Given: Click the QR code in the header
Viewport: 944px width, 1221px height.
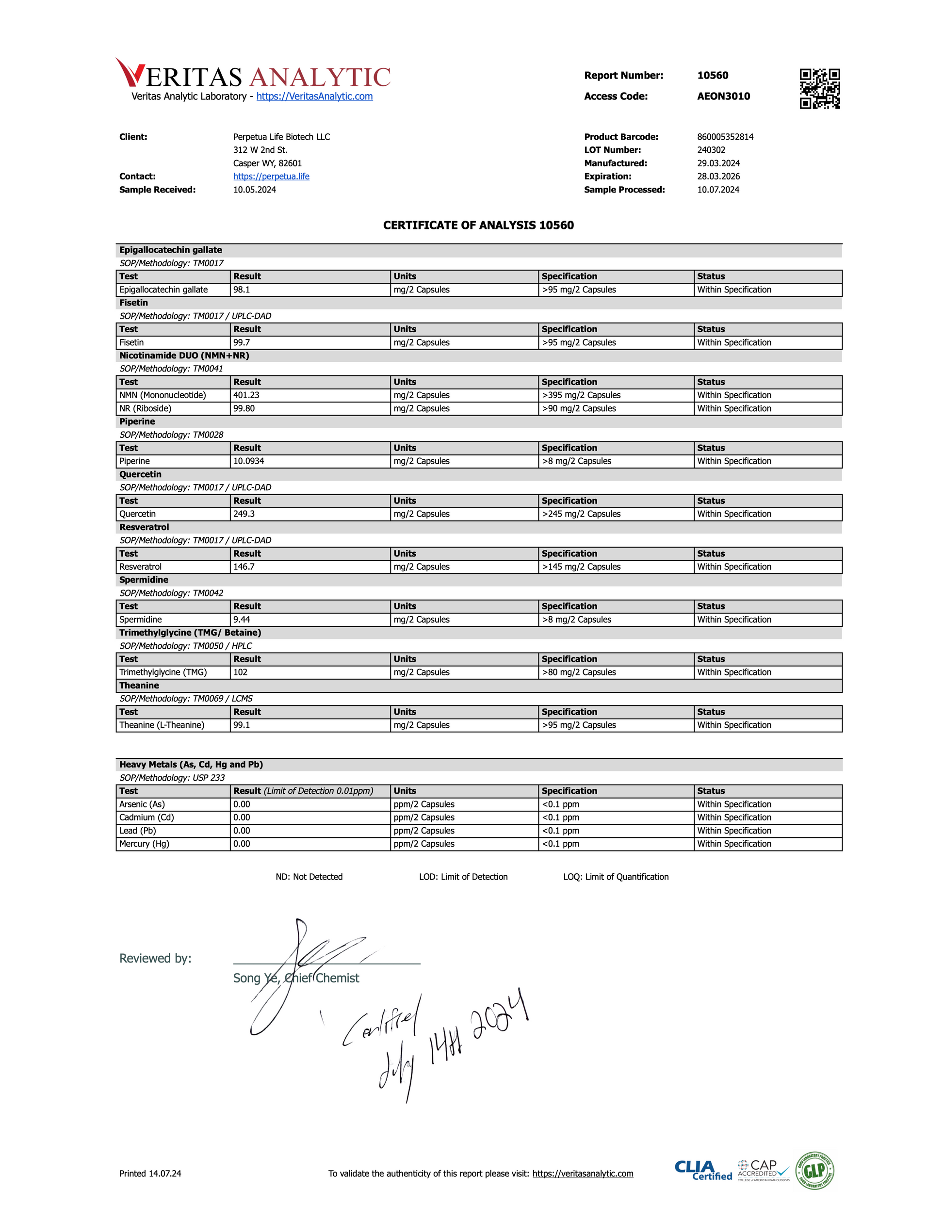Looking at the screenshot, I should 819,88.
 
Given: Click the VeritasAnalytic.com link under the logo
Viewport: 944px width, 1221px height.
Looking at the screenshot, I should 314,96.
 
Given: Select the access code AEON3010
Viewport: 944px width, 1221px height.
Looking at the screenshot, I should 723,96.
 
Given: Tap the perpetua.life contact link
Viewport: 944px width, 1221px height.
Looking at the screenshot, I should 271,177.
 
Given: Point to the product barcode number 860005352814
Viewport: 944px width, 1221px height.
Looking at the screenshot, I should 725,137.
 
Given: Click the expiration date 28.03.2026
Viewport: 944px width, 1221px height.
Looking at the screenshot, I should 718,177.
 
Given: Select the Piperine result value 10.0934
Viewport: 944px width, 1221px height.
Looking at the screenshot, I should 248,461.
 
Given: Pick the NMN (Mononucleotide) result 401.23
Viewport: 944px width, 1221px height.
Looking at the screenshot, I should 246,395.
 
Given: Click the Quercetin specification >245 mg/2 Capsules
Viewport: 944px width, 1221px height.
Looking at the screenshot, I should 581,514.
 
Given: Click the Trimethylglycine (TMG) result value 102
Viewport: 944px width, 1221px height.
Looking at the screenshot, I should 241,672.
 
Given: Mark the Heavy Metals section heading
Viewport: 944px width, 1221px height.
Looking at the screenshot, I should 191,764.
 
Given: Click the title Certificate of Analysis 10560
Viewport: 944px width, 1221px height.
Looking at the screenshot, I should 478,225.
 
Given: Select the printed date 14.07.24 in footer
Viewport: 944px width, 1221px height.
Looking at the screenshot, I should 164,1173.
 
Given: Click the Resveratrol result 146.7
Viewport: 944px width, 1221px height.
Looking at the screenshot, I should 244,567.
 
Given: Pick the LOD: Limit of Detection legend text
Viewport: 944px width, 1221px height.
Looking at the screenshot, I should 463,877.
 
